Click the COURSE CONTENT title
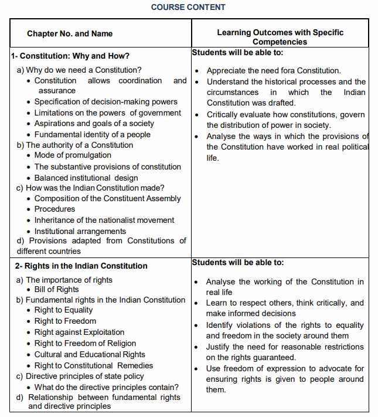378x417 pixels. click(x=188, y=7)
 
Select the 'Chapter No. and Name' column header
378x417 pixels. click(x=70, y=33)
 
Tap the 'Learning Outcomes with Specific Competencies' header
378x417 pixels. click(x=280, y=37)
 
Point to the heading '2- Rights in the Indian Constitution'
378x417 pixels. click(x=81, y=266)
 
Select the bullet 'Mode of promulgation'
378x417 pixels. click(x=73, y=155)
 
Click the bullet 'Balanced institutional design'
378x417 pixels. click(x=86, y=178)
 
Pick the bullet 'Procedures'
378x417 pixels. click(x=55, y=209)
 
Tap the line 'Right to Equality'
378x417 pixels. click(x=63, y=310)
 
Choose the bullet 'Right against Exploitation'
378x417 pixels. click(x=79, y=332)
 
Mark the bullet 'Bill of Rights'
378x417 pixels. click(x=56, y=289)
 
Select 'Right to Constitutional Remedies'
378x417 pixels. click(x=93, y=365)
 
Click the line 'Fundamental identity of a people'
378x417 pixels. click(x=92, y=134)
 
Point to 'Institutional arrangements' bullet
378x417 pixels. click(x=80, y=231)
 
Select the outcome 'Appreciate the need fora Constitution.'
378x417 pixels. click(x=274, y=70)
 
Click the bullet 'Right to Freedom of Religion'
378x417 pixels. click(x=85, y=343)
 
